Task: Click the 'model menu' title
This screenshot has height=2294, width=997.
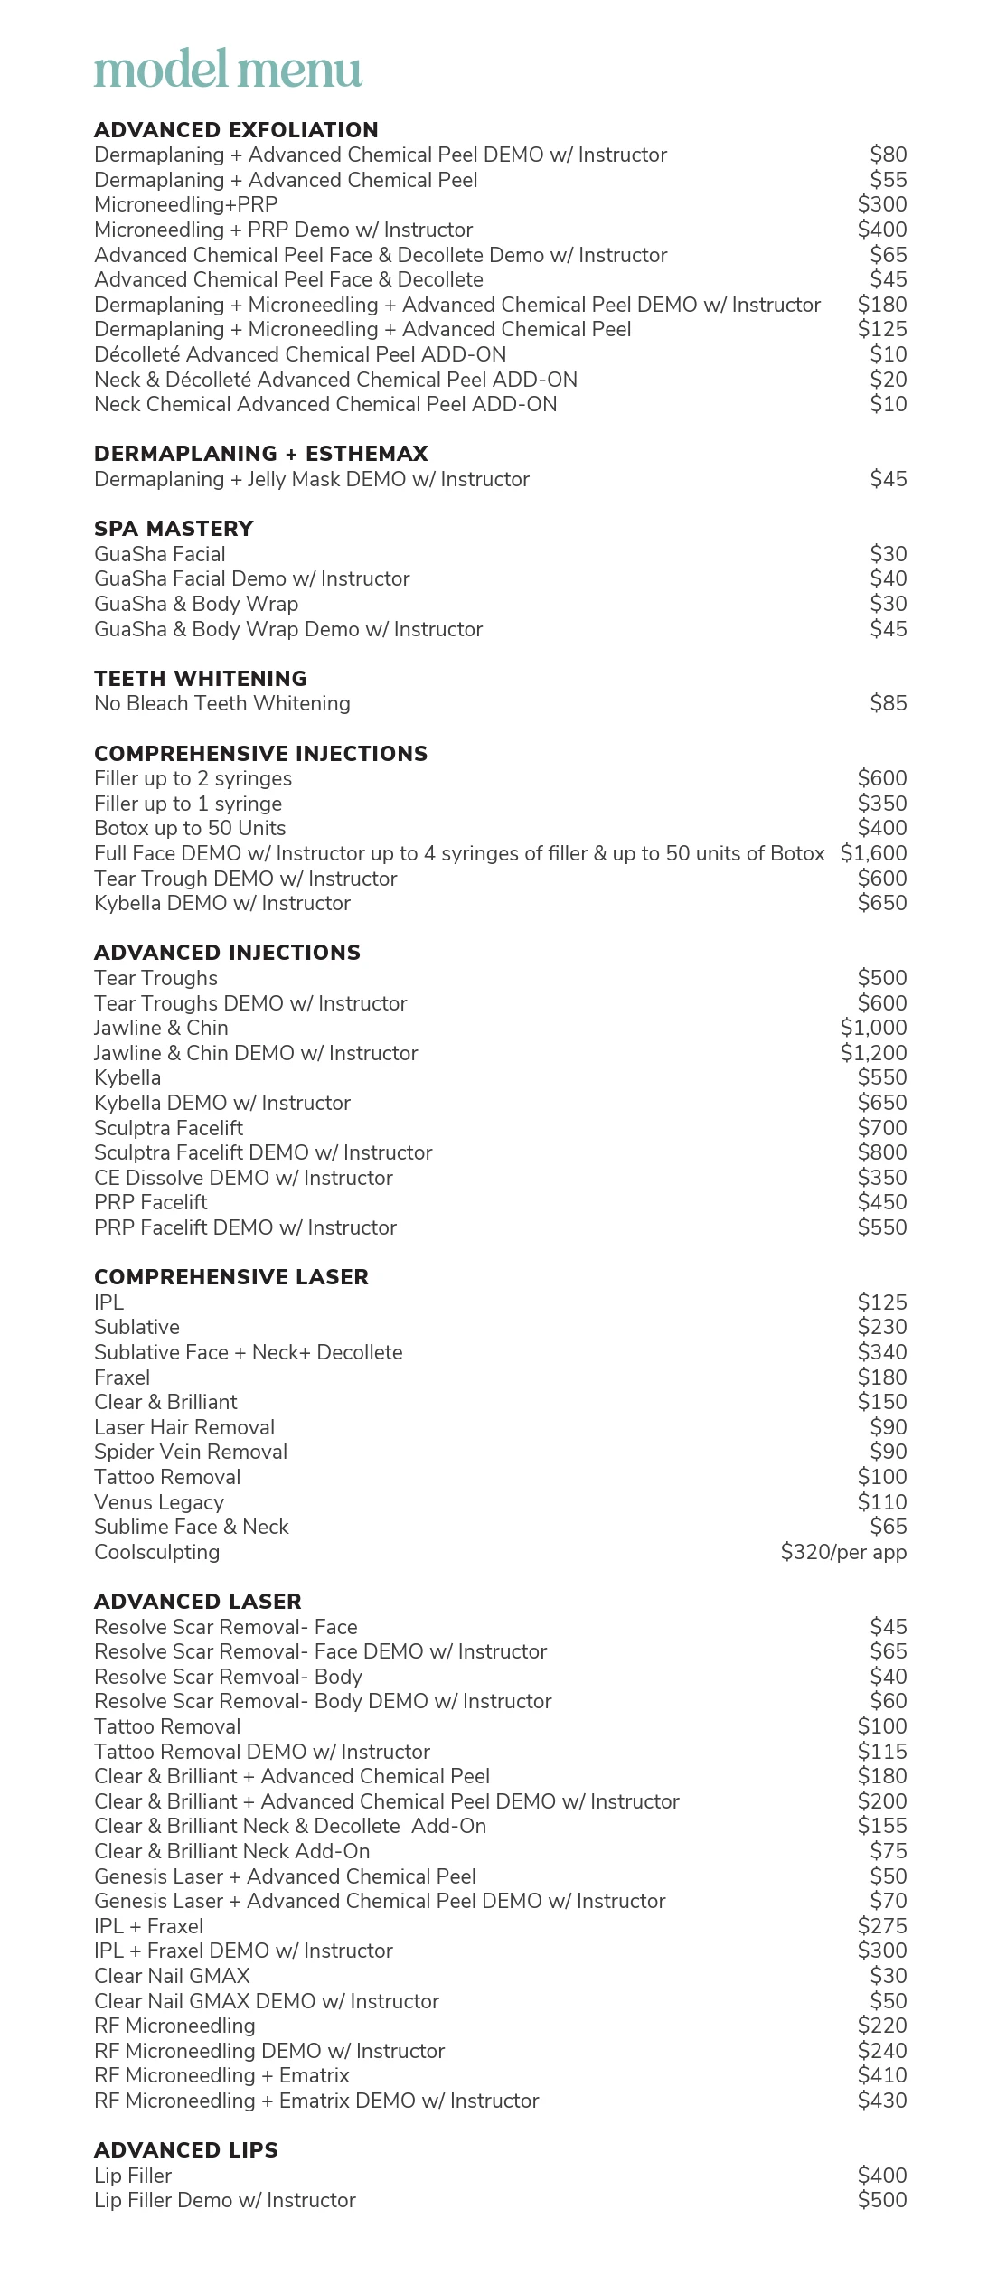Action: [x=228, y=70]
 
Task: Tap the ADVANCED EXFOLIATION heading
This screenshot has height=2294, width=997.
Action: [x=236, y=130]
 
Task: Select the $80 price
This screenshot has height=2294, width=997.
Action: [x=888, y=155]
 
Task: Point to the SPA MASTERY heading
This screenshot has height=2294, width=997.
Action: [x=174, y=529]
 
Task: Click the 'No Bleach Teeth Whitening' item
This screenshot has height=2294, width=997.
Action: [x=222, y=703]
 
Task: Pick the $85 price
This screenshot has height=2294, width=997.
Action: [x=888, y=703]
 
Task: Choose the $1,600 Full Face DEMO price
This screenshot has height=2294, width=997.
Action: [x=873, y=853]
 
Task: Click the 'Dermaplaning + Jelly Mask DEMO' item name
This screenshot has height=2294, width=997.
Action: [x=312, y=479]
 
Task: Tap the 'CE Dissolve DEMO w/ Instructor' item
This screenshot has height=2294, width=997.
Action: [x=243, y=1178]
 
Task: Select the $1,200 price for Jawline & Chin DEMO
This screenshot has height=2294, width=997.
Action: [x=873, y=1053]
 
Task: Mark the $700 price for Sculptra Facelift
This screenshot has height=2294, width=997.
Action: [x=881, y=1128]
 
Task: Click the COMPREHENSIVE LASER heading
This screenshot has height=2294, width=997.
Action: [x=231, y=1277]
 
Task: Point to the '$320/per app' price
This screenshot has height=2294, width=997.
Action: [x=843, y=1552]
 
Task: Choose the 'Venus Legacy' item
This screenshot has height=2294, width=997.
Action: [x=159, y=1502]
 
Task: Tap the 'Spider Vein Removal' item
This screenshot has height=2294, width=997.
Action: [x=191, y=1452]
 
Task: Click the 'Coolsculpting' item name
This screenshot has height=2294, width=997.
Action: [x=157, y=1552]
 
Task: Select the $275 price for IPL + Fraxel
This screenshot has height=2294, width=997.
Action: [x=881, y=1926]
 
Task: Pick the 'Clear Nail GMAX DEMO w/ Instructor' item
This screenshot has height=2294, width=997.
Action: [x=267, y=2001]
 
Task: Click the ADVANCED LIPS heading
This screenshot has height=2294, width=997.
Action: [x=186, y=2150]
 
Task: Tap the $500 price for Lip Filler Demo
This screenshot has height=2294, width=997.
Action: [x=881, y=2200]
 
